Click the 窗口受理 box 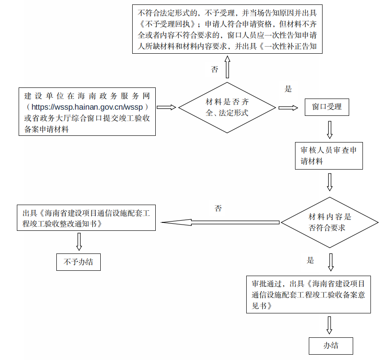click(x=327, y=107)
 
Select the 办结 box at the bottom click(x=331, y=346)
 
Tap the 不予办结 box click(x=79, y=262)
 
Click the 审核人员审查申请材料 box click(x=328, y=155)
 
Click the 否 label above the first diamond click(x=215, y=69)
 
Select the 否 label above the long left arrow click(x=218, y=208)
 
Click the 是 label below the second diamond click(x=310, y=260)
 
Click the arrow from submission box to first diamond click(x=166, y=107)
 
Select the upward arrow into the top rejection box click(x=228, y=68)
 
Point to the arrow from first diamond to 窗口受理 click(x=288, y=107)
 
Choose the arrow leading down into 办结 click(x=329, y=325)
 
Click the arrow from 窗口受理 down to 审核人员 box click(x=329, y=129)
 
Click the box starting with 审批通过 click(x=308, y=294)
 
